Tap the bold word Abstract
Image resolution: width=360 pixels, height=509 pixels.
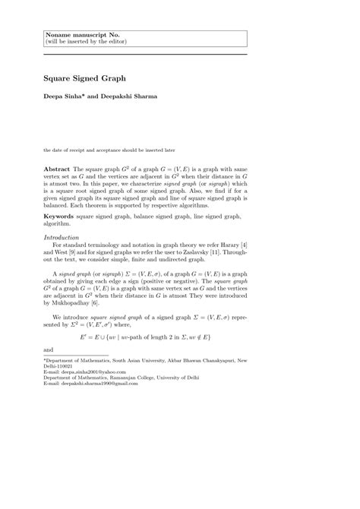[56, 167]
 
